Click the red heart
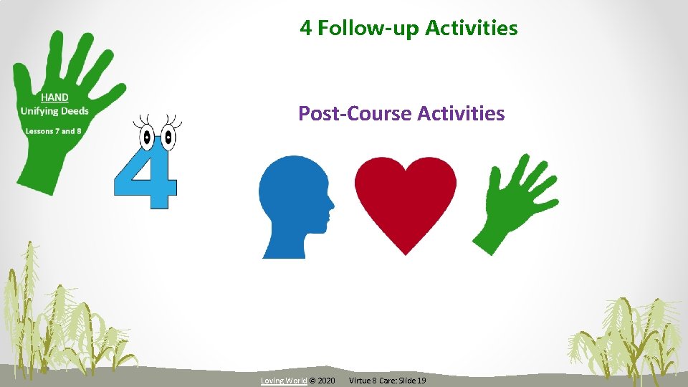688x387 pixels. [x=406, y=201]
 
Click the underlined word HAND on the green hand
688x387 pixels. [x=54, y=97]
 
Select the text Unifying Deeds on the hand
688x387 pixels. [x=54, y=110]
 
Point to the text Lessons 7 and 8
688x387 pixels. [x=53, y=131]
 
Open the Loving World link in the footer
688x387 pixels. [x=284, y=380]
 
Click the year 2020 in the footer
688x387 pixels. [x=325, y=380]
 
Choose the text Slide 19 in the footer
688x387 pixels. [x=411, y=380]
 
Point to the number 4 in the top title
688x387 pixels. [x=305, y=28]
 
